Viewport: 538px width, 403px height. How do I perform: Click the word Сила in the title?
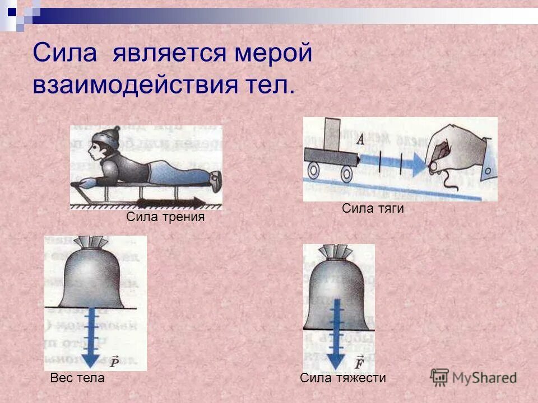pyautogui.click(x=65, y=54)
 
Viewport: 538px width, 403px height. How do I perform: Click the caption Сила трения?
pyautogui.click(x=166, y=217)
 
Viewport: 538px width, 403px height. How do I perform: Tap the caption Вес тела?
pyautogui.click(x=77, y=378)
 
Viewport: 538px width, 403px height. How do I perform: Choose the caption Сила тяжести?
pyautogui.click(x=343, y=378)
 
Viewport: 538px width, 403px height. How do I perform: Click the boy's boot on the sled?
pyautogui.click(x=215, y=180)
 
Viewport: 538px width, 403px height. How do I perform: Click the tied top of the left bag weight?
pyautogui.click(x=93, y=243)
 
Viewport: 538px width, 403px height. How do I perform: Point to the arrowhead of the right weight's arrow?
pyautogui.click(x=336, y=358)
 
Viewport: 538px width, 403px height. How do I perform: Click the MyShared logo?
pyautogui.click(x=474, y=377)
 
